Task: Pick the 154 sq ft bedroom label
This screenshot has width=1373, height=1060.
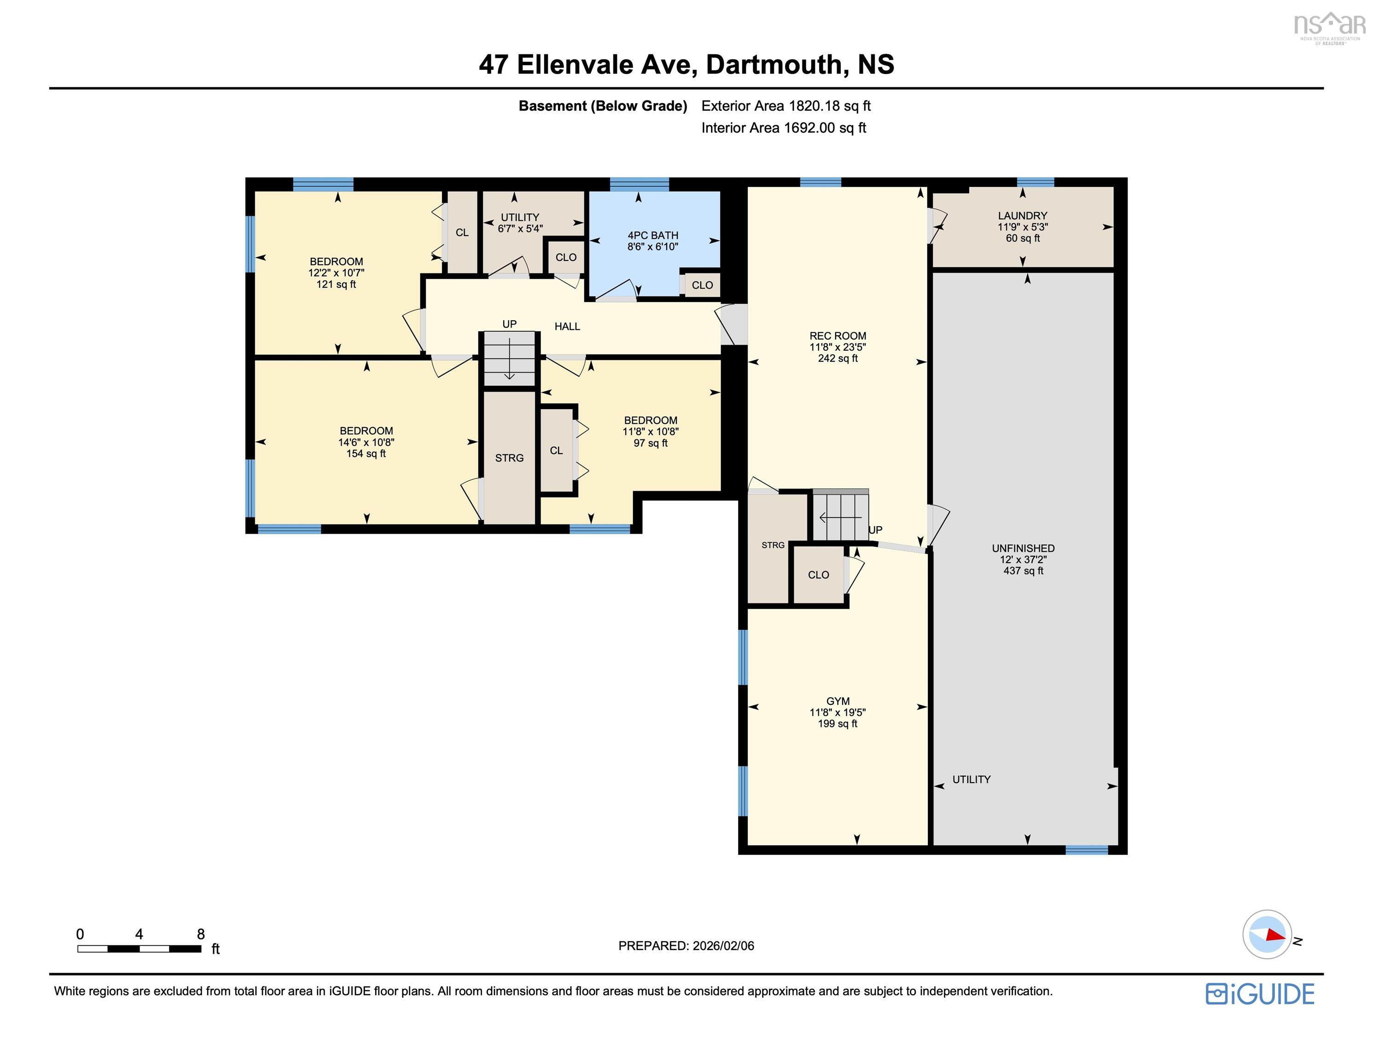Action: pos(366,442)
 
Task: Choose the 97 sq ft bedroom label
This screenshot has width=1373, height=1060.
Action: pos(650,431)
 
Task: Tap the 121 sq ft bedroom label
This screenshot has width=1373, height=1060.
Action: pos(336,273)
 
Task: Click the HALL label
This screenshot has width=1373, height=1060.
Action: pos(567,326)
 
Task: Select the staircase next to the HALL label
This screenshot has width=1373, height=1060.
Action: pos(509,358)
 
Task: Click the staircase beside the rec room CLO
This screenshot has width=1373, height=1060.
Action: pos(841,515)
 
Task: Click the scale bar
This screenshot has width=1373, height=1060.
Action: pos(139,949)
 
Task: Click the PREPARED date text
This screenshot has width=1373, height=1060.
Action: pos(686,945)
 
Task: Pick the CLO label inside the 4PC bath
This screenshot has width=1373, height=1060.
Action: pos(702,285)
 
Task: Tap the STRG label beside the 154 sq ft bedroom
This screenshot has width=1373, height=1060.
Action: pos(509,458)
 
